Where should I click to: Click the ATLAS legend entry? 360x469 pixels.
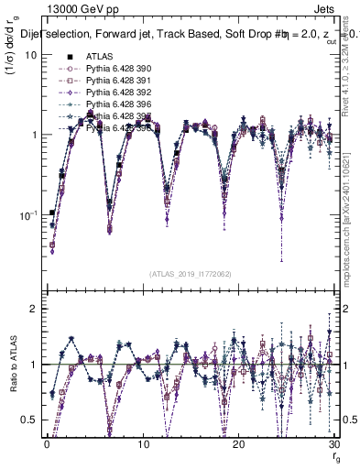click(98, 57)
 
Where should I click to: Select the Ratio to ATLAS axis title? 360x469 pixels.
click(12, 366)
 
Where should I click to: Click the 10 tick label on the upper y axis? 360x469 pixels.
click(29, 55)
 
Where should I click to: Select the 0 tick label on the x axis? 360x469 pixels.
click(47, 444)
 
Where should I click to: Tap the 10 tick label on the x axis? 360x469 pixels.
click(142, 444)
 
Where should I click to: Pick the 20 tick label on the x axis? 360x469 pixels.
click(238, 444)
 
